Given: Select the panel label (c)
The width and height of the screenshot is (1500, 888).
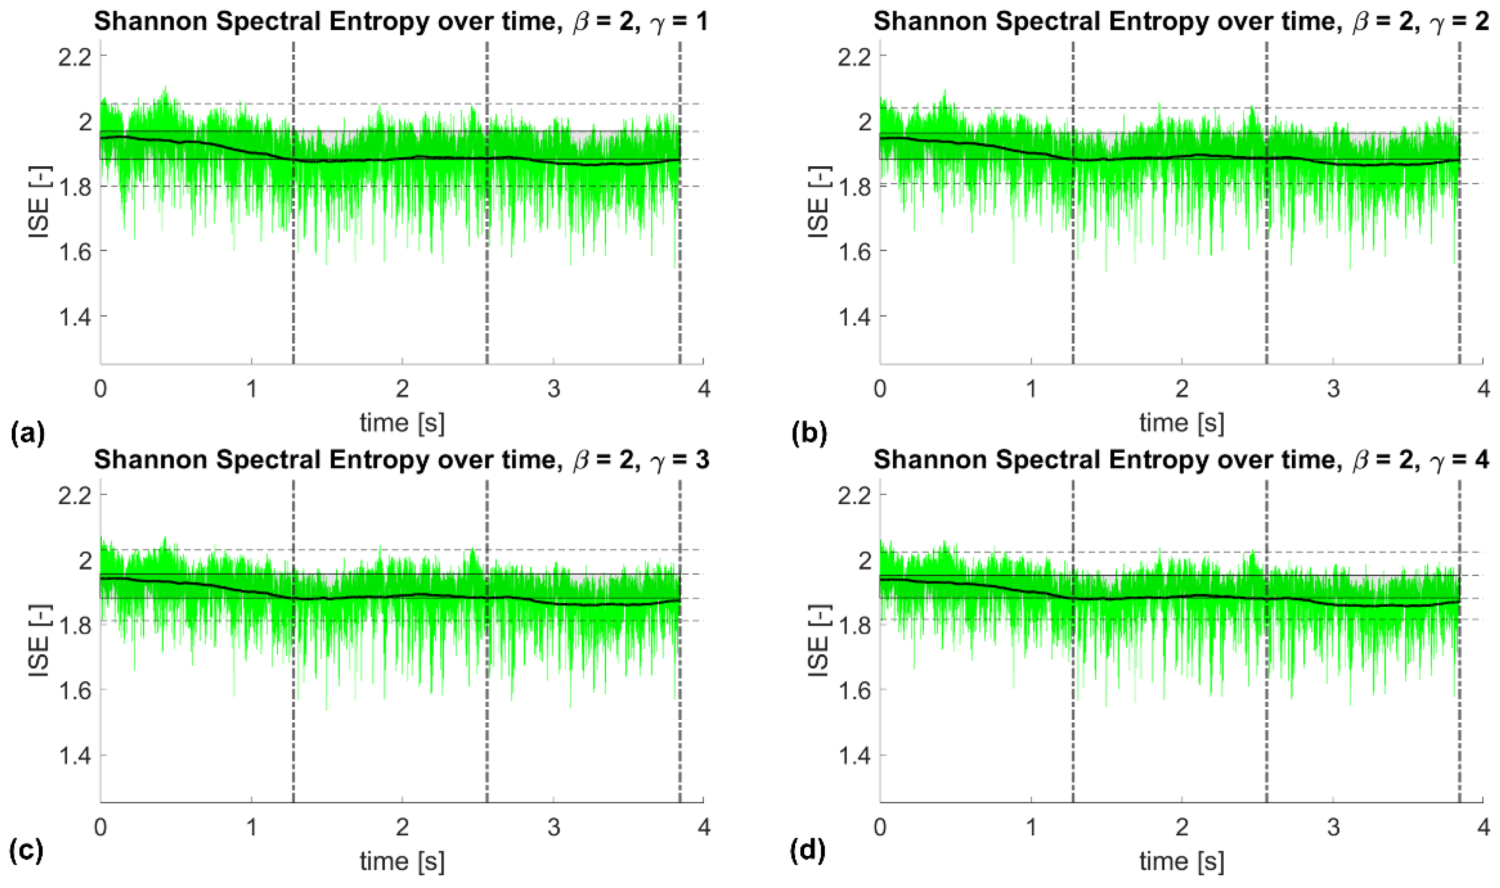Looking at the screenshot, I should pos(27,850).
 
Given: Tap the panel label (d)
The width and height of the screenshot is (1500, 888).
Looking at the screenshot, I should pos(808,850).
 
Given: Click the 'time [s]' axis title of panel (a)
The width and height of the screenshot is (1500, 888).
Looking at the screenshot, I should pos(402,423).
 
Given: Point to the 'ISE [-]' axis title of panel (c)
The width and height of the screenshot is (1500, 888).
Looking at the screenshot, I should pos(40,640).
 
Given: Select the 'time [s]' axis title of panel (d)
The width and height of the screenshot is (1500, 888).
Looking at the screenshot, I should pos(1181,862).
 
